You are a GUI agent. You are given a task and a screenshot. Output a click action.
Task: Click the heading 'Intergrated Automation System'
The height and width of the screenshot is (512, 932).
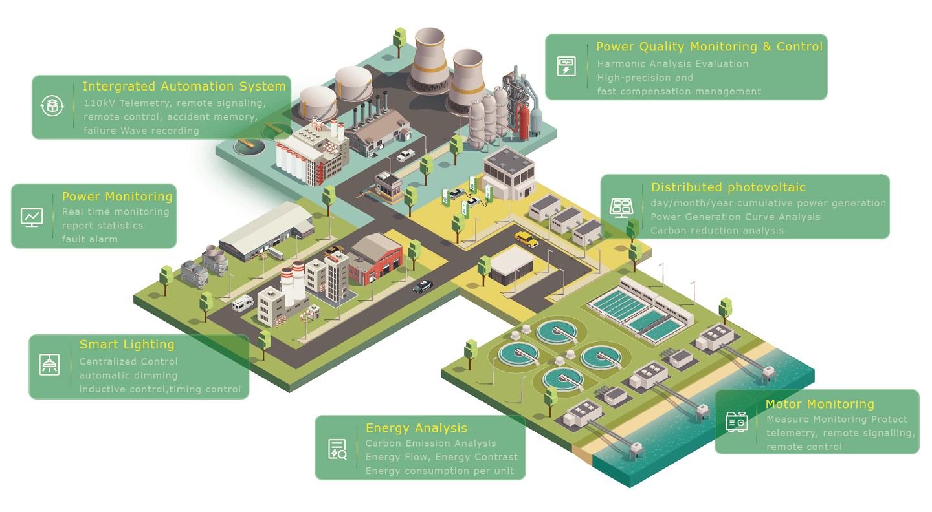184,87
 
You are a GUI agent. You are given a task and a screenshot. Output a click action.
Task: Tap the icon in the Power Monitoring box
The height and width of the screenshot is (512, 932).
32,216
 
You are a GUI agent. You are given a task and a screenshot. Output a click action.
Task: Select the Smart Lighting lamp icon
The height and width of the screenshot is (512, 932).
49,365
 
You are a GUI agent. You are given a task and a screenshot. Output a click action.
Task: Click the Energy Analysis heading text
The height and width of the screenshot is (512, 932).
416,428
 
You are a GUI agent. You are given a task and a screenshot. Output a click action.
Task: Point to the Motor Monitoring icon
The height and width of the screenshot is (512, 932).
737,422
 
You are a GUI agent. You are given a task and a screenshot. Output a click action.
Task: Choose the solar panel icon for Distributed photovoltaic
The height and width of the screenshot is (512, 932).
621,207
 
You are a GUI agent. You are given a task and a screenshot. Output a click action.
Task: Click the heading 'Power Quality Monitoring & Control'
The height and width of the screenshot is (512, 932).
709,47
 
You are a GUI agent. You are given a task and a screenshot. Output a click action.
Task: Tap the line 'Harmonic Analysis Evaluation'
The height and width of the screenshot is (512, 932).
672,64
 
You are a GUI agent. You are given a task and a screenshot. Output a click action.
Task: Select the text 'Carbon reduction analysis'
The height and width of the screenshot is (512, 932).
716,231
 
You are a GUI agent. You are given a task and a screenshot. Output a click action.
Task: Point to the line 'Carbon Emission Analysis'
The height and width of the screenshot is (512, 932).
430,443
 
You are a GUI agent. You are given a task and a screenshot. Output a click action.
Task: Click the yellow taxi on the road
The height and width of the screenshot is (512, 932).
526,240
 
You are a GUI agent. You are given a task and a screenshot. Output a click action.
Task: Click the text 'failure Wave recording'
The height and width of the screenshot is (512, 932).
141,131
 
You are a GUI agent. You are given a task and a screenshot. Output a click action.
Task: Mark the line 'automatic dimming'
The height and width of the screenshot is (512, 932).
128,376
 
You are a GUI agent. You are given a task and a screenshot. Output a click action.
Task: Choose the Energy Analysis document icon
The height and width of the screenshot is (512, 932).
337,449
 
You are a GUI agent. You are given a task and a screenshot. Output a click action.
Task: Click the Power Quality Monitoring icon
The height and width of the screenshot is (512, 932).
566,66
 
